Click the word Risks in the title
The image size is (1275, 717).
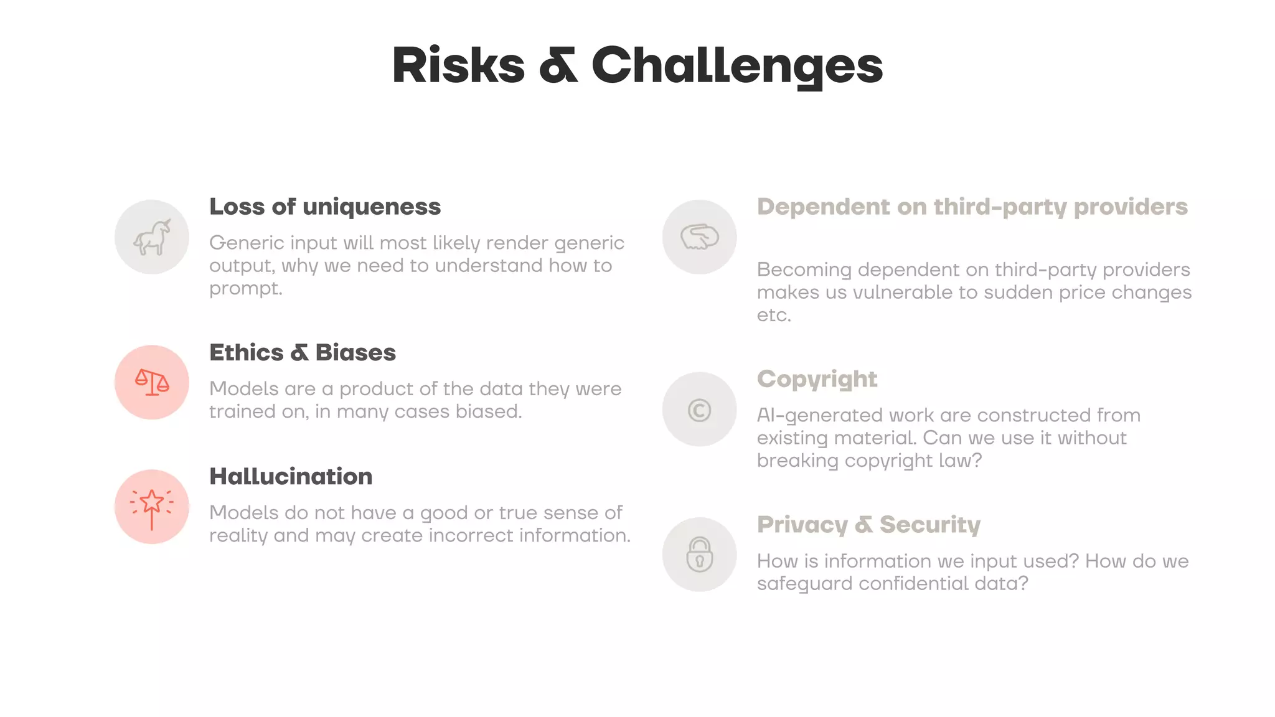458,65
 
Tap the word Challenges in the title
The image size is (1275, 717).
736,65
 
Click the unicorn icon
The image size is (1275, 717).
152,237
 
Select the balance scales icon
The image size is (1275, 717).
152,382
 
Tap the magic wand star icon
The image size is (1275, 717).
152,507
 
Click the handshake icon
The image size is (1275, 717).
699,237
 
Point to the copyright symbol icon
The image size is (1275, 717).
699,410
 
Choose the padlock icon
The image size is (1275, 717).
699,554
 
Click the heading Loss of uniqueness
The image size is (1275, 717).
324,207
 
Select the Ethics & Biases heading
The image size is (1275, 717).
302,352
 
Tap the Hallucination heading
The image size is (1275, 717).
291,476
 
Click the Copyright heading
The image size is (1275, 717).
817,379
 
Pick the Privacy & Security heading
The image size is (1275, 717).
868,525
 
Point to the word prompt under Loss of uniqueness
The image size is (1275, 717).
245,288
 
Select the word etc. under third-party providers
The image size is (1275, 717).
774,315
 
